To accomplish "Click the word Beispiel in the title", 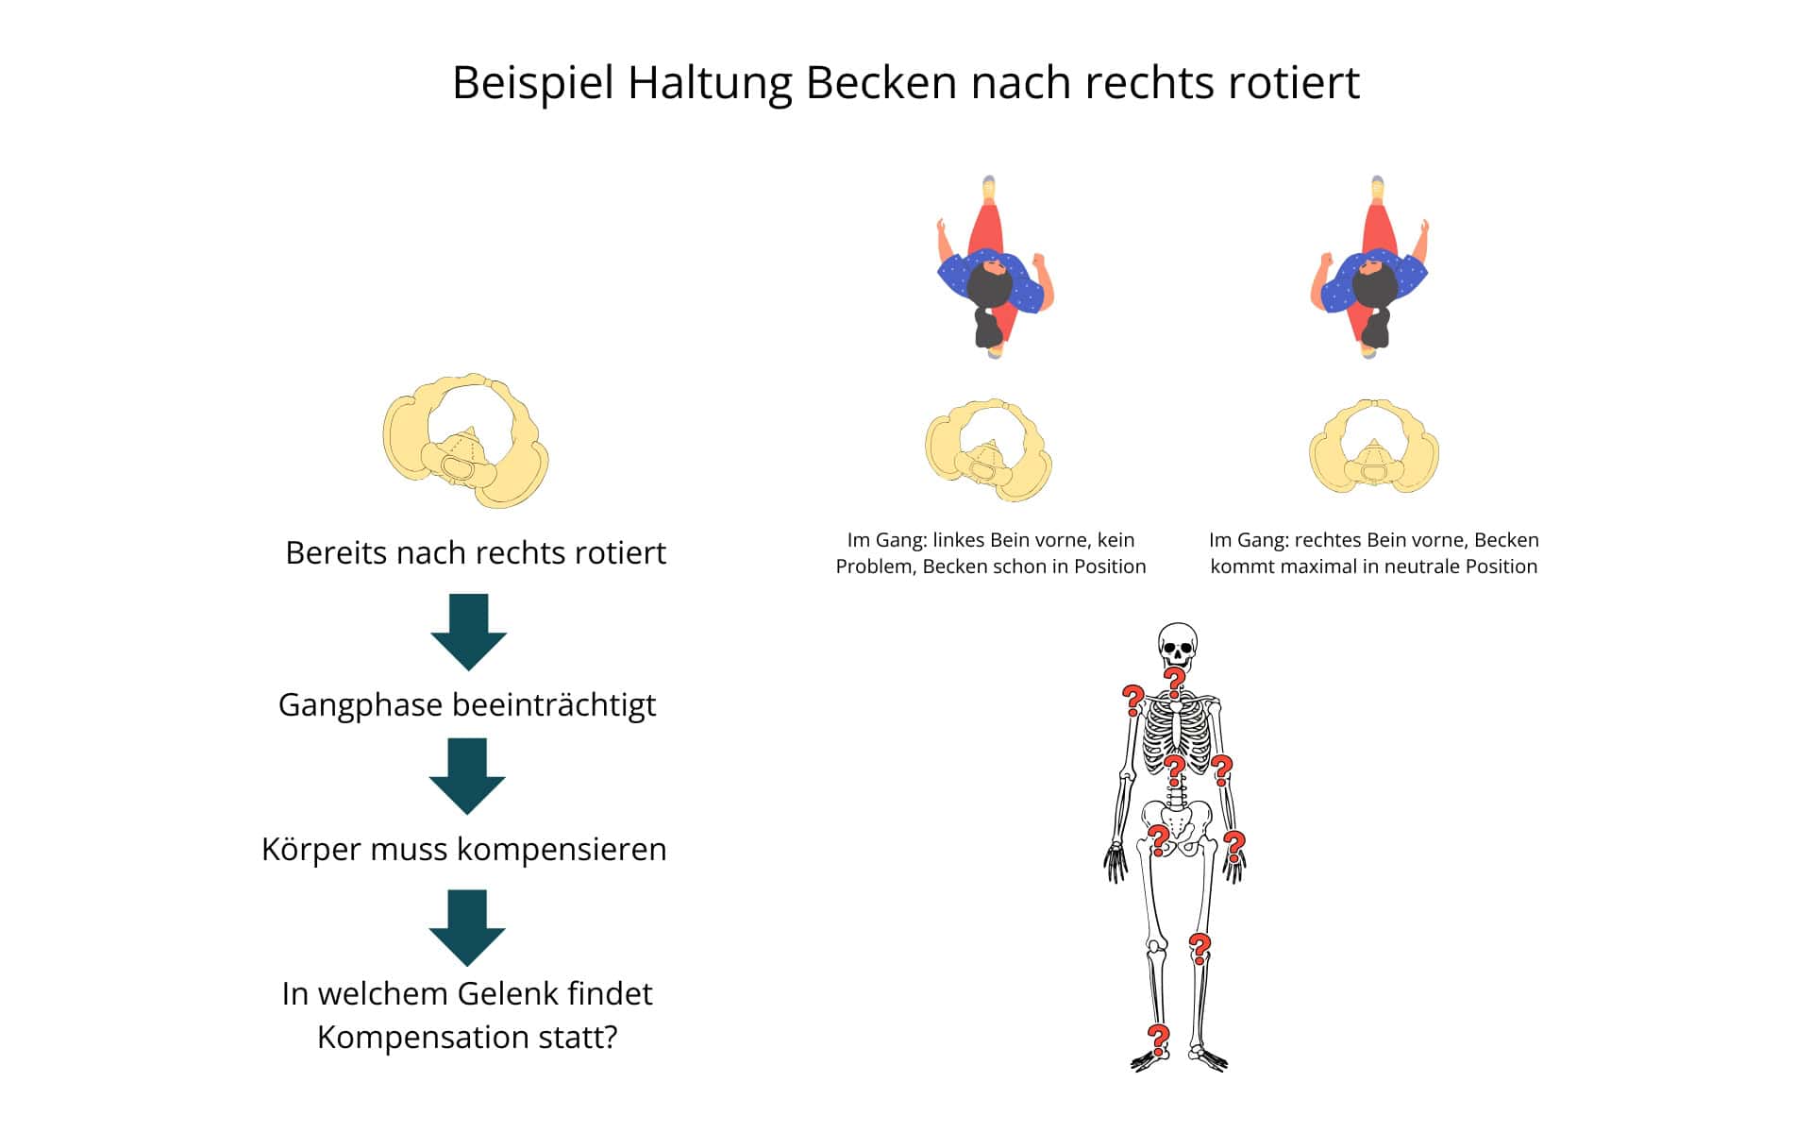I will pyautogui.click(x=532, y=83).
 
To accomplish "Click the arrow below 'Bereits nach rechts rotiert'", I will pyautogui.click(x=469, y=632).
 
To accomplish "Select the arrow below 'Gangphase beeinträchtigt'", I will pyautogui.click(x=467, y=776).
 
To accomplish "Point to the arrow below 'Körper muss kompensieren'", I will pyautogui.click(x=467, y=927).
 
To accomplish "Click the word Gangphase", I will pyautogui.click(x=361, y=705).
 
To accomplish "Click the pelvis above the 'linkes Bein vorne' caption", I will pyautogui.click(x=988, y=448).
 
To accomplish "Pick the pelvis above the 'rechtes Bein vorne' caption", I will pyautogui.click(x=1374, y=447).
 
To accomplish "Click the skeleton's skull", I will pyautogui.click(x=1177, y=645).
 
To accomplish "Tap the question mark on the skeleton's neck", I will pyautogui.click(x=1174, y=681).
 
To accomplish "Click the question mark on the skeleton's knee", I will pyautogui.click(x=1199, y=947).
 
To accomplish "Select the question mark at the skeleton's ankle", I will pyautogui.click(x=1158, y=1039).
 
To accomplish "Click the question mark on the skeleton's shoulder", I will pyautogui.click(x=1132, y=701).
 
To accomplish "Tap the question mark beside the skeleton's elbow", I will pyautogui.click(x=1222, y=770).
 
